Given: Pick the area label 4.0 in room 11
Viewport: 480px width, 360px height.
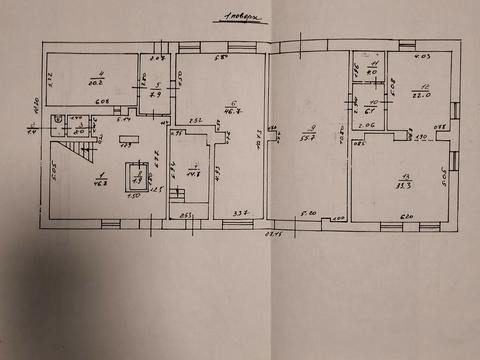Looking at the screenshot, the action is tap(371, 73).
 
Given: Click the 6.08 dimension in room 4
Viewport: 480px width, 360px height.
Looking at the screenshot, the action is tap(101, 102).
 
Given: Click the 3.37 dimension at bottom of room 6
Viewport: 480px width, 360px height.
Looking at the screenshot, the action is tap(240, 214).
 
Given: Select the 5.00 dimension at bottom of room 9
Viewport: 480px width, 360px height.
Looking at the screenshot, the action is tap(310, 214).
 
